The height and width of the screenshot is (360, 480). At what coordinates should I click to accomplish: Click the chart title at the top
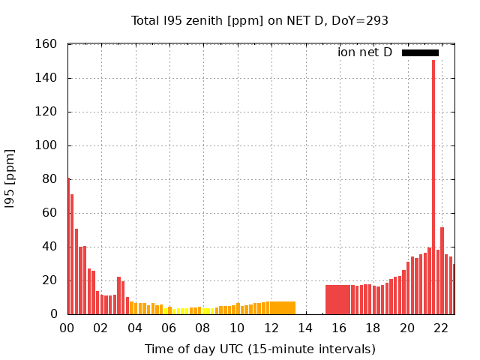pyautogui.click(x=259, y=21)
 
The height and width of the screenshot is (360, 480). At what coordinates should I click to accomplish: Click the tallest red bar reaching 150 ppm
pyautogui.click(x=433, y=187)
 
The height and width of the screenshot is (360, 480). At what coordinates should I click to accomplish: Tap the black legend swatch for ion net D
pyautogui.click(x=420, y=52)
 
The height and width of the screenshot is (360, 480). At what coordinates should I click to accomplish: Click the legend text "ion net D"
pyautogui.click(x=365, y=52)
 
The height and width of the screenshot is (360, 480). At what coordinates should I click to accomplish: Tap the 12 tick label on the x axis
pyautogui.click(x=271, y=328)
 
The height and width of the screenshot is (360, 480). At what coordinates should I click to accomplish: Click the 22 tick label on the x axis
pyautogui.click(x=441, y=328)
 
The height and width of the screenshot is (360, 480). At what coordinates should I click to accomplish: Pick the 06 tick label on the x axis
pyautogui.click(x=169, y=328)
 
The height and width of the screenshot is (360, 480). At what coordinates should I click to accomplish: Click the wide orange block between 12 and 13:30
pyautogui.click(x=283, y=307)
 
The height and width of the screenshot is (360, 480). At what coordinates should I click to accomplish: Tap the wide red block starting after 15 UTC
pyautogui.click(x=337, y=299)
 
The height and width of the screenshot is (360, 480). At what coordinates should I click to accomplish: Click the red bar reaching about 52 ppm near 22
pyautogui.click(x=442, y=271)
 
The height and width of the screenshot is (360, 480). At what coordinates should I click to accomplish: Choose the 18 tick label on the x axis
pyautogui.click(x=373, y=328)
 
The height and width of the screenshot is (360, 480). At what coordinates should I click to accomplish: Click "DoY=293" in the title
pyautogui.click(x=362, y=21)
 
